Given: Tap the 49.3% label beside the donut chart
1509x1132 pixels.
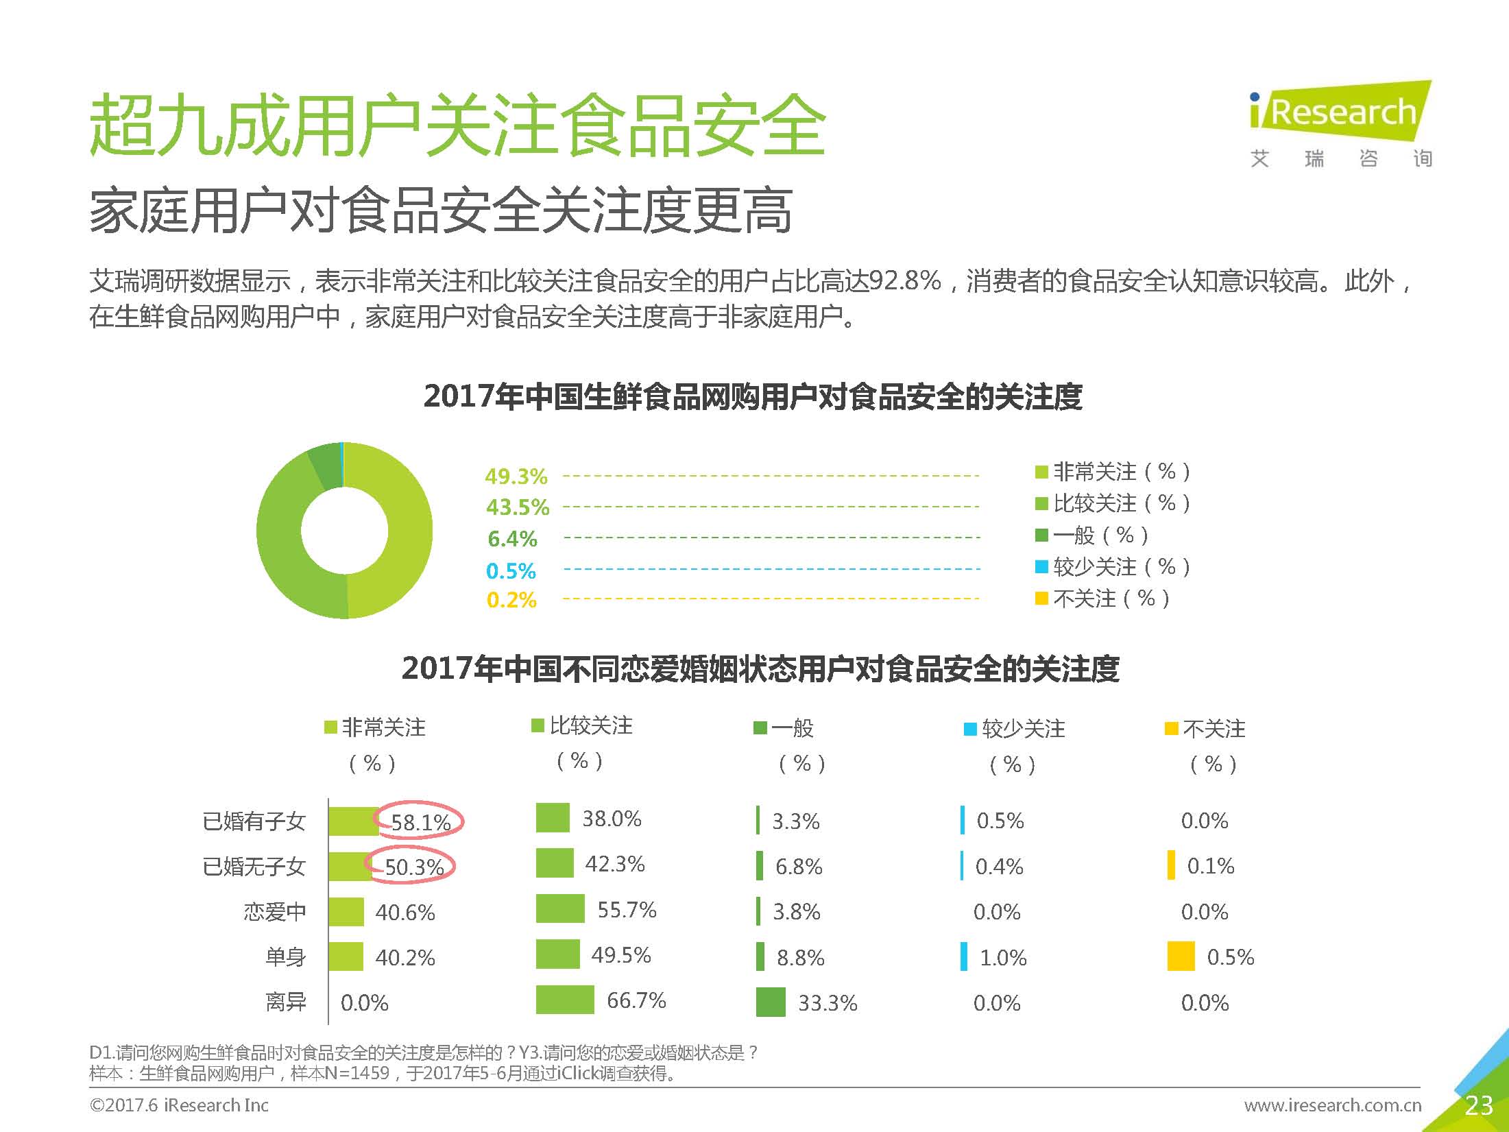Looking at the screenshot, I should point(516,476).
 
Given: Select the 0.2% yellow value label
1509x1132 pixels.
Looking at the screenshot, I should point(511,600).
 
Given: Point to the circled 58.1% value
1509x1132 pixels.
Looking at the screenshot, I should point(420,821).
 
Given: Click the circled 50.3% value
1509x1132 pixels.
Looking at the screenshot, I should point(413,867).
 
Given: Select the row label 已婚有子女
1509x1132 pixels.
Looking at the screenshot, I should point(254,821).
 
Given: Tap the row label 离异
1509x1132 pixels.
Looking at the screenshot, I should point(285,1002).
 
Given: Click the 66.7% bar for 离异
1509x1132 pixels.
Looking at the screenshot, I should point(565,1000).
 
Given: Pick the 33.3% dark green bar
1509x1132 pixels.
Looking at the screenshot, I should point(771,1002).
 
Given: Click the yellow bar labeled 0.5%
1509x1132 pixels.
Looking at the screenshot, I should point(1181,956).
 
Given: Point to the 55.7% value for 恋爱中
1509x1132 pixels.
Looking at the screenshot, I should point(627,910).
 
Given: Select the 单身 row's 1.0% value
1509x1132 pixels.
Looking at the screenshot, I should point(1003,957).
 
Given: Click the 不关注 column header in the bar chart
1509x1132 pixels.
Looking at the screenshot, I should point(1212,730).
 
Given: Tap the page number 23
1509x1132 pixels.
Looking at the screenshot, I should point(1478,1105).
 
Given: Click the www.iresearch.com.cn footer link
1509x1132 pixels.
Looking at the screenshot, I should point(1332,1105).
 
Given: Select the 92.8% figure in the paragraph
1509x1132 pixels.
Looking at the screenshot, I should point(904,280).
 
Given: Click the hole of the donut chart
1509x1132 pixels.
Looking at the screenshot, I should point(344,531).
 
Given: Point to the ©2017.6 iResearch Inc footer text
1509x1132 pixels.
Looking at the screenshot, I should point(179,1105).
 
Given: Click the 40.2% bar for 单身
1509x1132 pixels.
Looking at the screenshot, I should point(346,956).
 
